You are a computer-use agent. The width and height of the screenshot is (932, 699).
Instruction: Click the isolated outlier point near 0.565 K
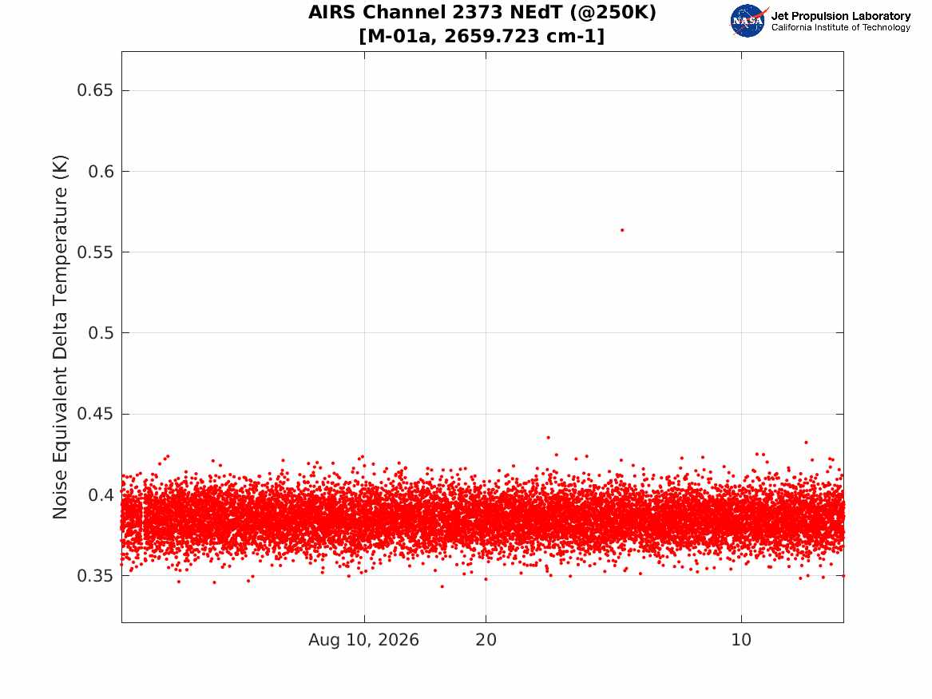621,230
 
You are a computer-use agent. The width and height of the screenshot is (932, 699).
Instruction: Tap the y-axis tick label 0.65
94,90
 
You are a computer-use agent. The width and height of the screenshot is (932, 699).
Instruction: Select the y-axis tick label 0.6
101,171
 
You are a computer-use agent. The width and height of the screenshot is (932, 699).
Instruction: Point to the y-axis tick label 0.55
94,252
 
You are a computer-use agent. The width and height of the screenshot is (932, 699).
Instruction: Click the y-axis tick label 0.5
101,333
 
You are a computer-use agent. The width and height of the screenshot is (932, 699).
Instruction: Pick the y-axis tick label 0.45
94,414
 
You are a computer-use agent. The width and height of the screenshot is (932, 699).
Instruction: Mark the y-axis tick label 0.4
101,494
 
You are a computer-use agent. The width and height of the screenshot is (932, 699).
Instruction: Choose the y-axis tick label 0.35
94,575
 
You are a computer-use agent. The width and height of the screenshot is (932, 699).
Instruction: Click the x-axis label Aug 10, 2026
363,640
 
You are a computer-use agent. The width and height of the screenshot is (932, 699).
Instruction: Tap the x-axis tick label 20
486,640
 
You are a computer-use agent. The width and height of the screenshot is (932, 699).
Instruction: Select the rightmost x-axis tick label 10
741,640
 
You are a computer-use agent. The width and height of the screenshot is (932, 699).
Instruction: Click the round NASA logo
748,21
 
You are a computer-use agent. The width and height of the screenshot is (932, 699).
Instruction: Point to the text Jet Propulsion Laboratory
841,16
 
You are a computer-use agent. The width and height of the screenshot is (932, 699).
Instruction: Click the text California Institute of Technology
841,27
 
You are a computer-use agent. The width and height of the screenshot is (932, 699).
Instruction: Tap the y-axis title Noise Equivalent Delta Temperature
60,337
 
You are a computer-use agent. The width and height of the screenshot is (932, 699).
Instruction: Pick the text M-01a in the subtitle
399,36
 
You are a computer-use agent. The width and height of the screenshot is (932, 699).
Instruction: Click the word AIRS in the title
333,13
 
